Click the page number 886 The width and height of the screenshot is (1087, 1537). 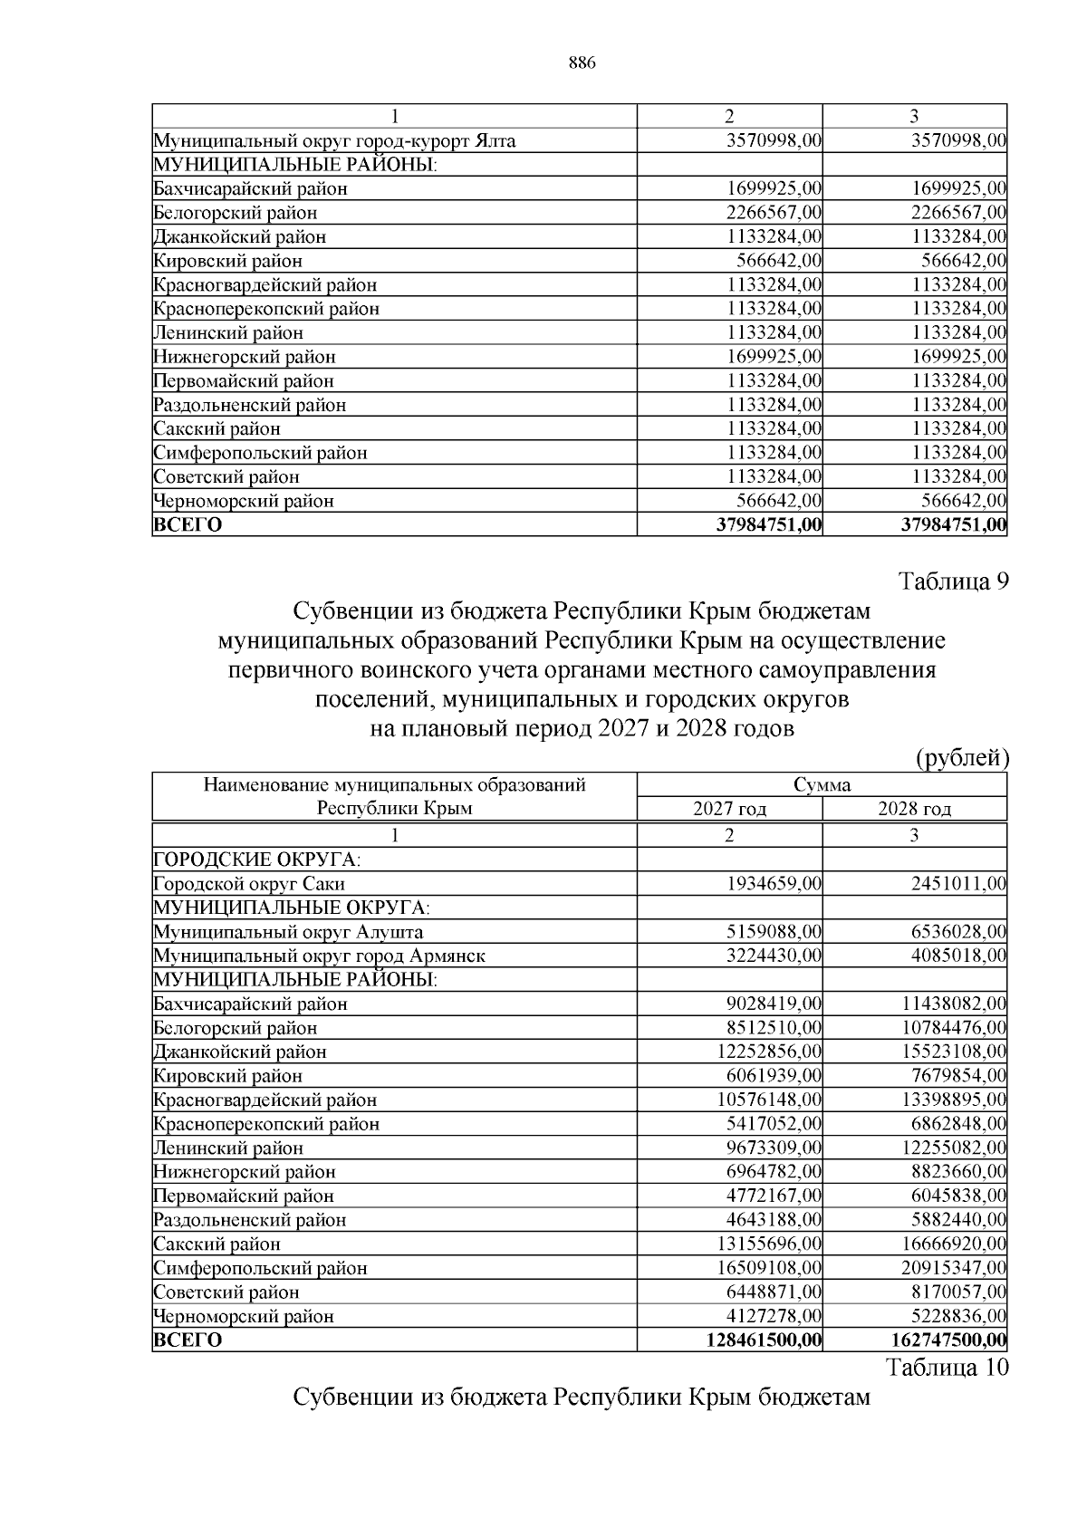(x=581, y=62)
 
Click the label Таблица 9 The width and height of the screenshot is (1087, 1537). (x=952, y=581)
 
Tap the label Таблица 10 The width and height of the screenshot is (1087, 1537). (x=947, y=1367)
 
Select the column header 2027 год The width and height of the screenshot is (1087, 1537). (x=729, y=809)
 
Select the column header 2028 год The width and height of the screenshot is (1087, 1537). (x=914, y=809)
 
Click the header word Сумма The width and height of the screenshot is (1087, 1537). (x=822, y=784)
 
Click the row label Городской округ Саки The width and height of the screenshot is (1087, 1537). (x=249, y=883)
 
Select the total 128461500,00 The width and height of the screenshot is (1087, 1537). (x=764, y=1340)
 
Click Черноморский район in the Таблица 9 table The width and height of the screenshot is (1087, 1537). (x=244, y=1316)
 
